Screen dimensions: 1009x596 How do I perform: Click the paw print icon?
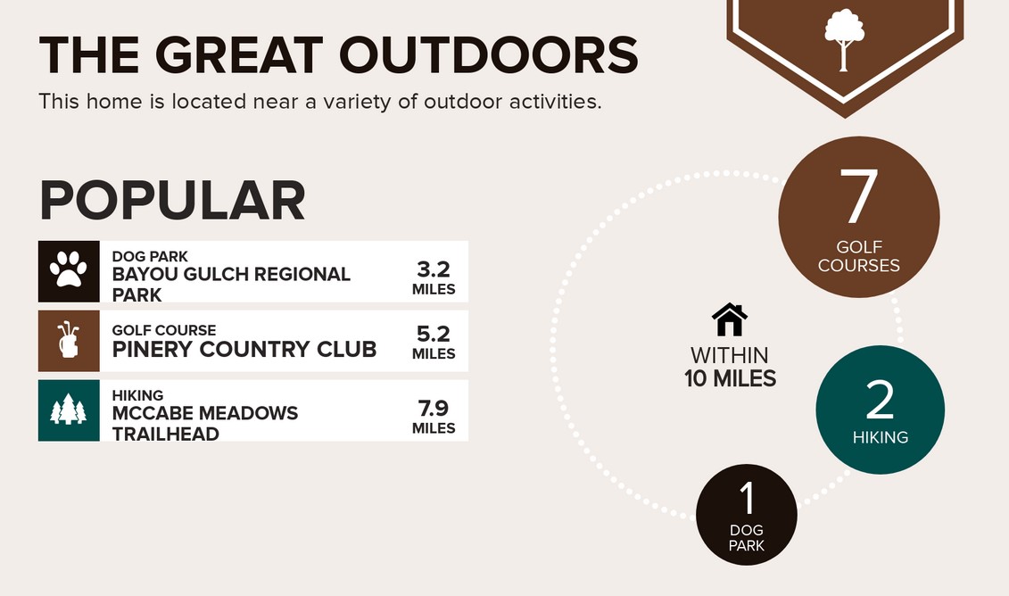68,269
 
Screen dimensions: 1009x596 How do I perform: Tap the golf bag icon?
68,340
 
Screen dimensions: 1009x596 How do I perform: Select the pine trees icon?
68,410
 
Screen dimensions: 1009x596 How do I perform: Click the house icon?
730,319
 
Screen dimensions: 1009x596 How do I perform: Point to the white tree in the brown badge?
844,38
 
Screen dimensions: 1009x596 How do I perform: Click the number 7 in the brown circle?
859,195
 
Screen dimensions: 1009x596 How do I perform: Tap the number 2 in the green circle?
880,399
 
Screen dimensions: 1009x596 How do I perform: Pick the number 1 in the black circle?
747,498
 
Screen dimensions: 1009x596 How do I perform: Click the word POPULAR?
172,200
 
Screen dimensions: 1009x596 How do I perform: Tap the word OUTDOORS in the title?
488,54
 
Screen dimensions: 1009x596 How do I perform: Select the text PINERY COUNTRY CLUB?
244,349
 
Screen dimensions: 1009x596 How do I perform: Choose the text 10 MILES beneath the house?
731,378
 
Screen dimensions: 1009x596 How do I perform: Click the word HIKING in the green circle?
881,438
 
